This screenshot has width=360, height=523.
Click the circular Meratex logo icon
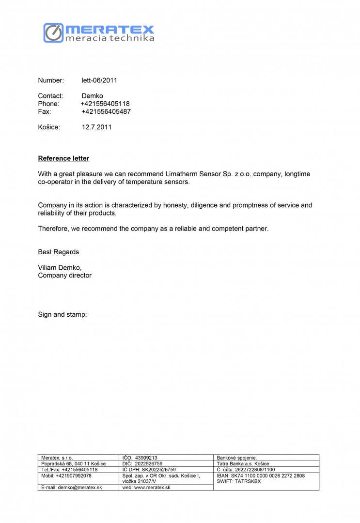[53, 32]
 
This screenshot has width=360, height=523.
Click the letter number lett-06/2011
[99, 80]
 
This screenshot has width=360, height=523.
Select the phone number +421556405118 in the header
[105, 104]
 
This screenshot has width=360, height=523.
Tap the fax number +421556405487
[106, 111]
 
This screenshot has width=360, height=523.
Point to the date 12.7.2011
[97, 127]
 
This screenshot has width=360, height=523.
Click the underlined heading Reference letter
[63, 158]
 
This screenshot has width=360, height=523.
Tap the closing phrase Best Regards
[58, 252]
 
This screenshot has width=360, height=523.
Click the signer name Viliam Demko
[60, 267]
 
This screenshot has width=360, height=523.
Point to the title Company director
[64, 275]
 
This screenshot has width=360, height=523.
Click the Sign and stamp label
[62, 315]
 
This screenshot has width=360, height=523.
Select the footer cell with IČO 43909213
[140, 458]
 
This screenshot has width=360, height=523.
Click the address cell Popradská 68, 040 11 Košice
[73, 463]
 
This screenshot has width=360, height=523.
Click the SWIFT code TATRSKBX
[238, 481]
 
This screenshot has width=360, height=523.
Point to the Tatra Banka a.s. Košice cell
[243, 463]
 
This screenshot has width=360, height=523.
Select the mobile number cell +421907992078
[66, 476]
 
